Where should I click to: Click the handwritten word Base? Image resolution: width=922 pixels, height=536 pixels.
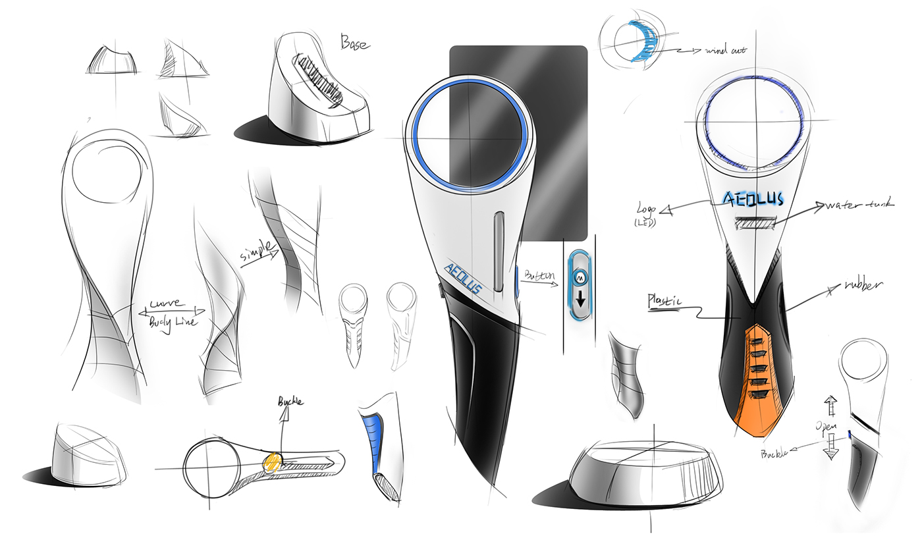coord(355,43)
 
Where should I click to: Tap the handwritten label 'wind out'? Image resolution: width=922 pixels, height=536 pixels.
coord(725,50)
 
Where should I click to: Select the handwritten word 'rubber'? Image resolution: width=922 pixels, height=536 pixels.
coord(863,286)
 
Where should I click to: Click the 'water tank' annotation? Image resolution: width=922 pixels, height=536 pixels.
coord(860,205)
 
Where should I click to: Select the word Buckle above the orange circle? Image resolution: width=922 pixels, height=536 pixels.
coord(290,400)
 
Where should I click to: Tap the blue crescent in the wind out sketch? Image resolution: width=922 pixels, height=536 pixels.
coord(643,40)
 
